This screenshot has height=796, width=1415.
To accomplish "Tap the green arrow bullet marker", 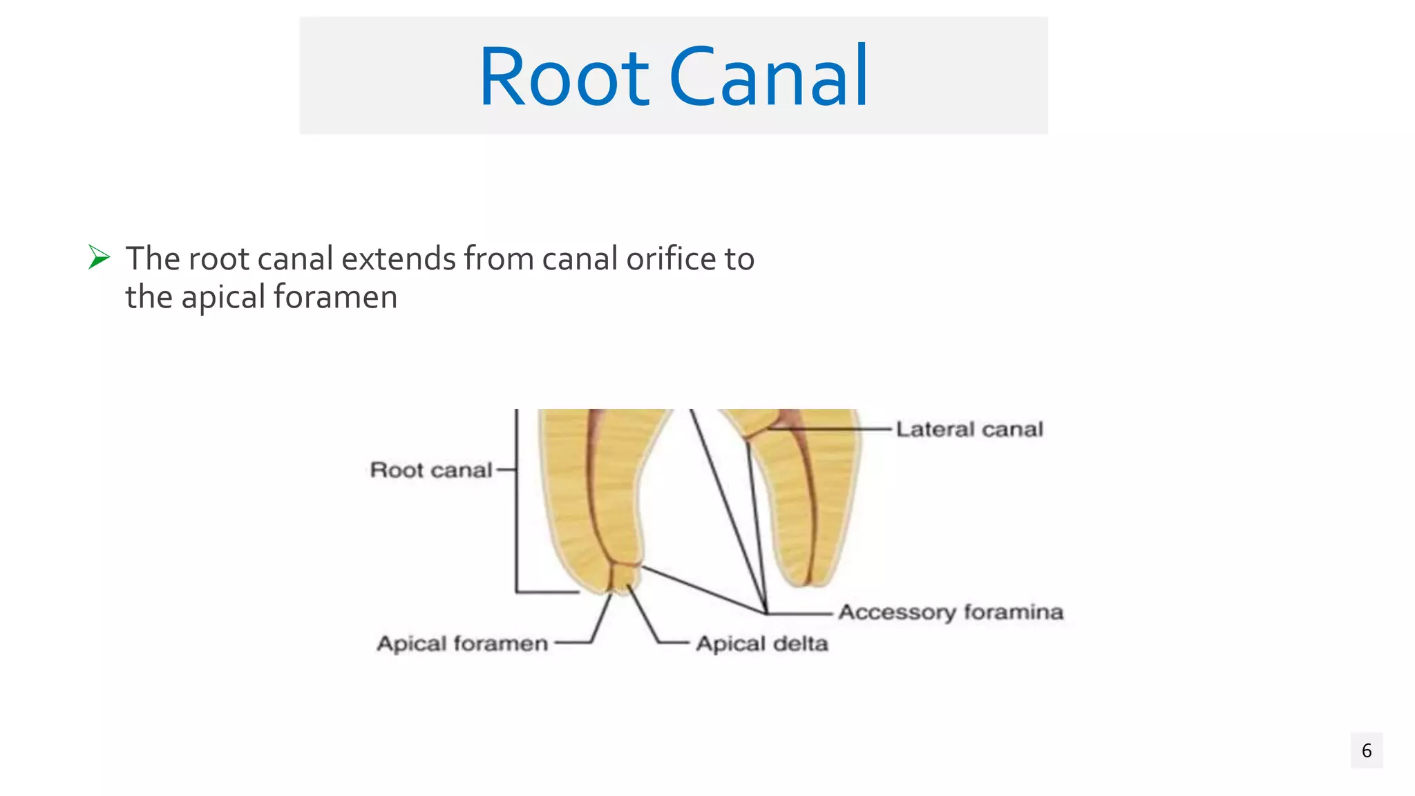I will coord(99,257).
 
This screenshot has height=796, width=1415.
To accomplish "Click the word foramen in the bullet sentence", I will coord(335,297).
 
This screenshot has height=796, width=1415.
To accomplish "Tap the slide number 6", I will coord(1366,750).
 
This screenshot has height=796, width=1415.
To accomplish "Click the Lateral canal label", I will coord(969,429).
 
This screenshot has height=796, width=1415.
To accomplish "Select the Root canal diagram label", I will coord(431,470).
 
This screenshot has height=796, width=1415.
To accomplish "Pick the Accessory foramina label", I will coord(951,612).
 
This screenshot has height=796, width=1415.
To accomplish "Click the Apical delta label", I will coord(761,644).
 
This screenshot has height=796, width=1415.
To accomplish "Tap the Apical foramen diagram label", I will coord(462,644).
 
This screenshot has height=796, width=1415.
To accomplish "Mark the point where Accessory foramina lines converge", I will coord(767,612).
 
